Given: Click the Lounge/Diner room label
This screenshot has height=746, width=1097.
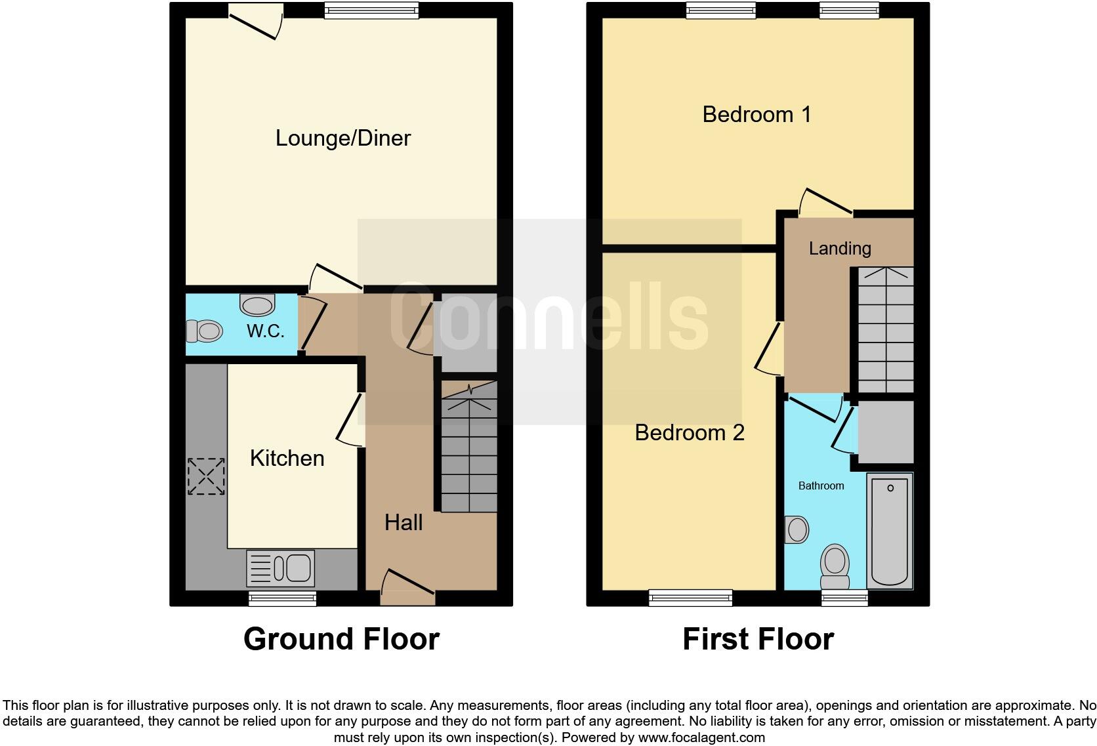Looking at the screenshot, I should pyautogui.click(x=342, y=138).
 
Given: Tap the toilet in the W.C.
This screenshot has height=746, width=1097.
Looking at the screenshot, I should pyautogui.click(x=203, y=331).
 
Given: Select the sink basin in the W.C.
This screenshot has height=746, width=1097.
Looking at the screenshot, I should pyautogui.click(x=257, y=305).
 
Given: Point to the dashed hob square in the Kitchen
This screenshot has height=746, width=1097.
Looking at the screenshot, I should pyautogui.click(x=206, y=476).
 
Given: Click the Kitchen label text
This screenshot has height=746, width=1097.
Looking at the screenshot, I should pyautogui.click(x=287, y=458).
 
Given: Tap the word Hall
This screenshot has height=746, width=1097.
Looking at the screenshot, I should pyautogui.click(x=403, y=522).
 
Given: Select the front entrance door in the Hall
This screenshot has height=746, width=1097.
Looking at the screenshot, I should pyautogui.click(x=407, y=589).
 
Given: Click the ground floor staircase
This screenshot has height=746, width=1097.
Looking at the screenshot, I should pyautogui.click(x=468, y=453).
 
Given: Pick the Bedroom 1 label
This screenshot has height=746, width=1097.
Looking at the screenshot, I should pyautogui.click(x=756, y=114).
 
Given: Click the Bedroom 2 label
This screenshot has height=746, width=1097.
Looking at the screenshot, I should pyautogui.click(x=690, y=432).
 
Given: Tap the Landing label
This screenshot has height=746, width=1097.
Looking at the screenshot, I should pyautogui.click(x=840, y=248).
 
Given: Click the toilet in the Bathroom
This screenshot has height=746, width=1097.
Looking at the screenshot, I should pyautogui.click(x=835, y=567).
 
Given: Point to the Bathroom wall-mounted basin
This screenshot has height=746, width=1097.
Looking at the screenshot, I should pyautogui.click(x=796, y=529).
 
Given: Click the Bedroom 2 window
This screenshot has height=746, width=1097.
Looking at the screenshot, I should pyautogui.click(x=690, y=597).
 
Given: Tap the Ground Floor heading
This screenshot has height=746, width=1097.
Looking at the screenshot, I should pyautogui.click(x=341, y=639).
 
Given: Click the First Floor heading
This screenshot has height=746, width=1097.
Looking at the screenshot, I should pyautogui.click(x=758, y=639).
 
